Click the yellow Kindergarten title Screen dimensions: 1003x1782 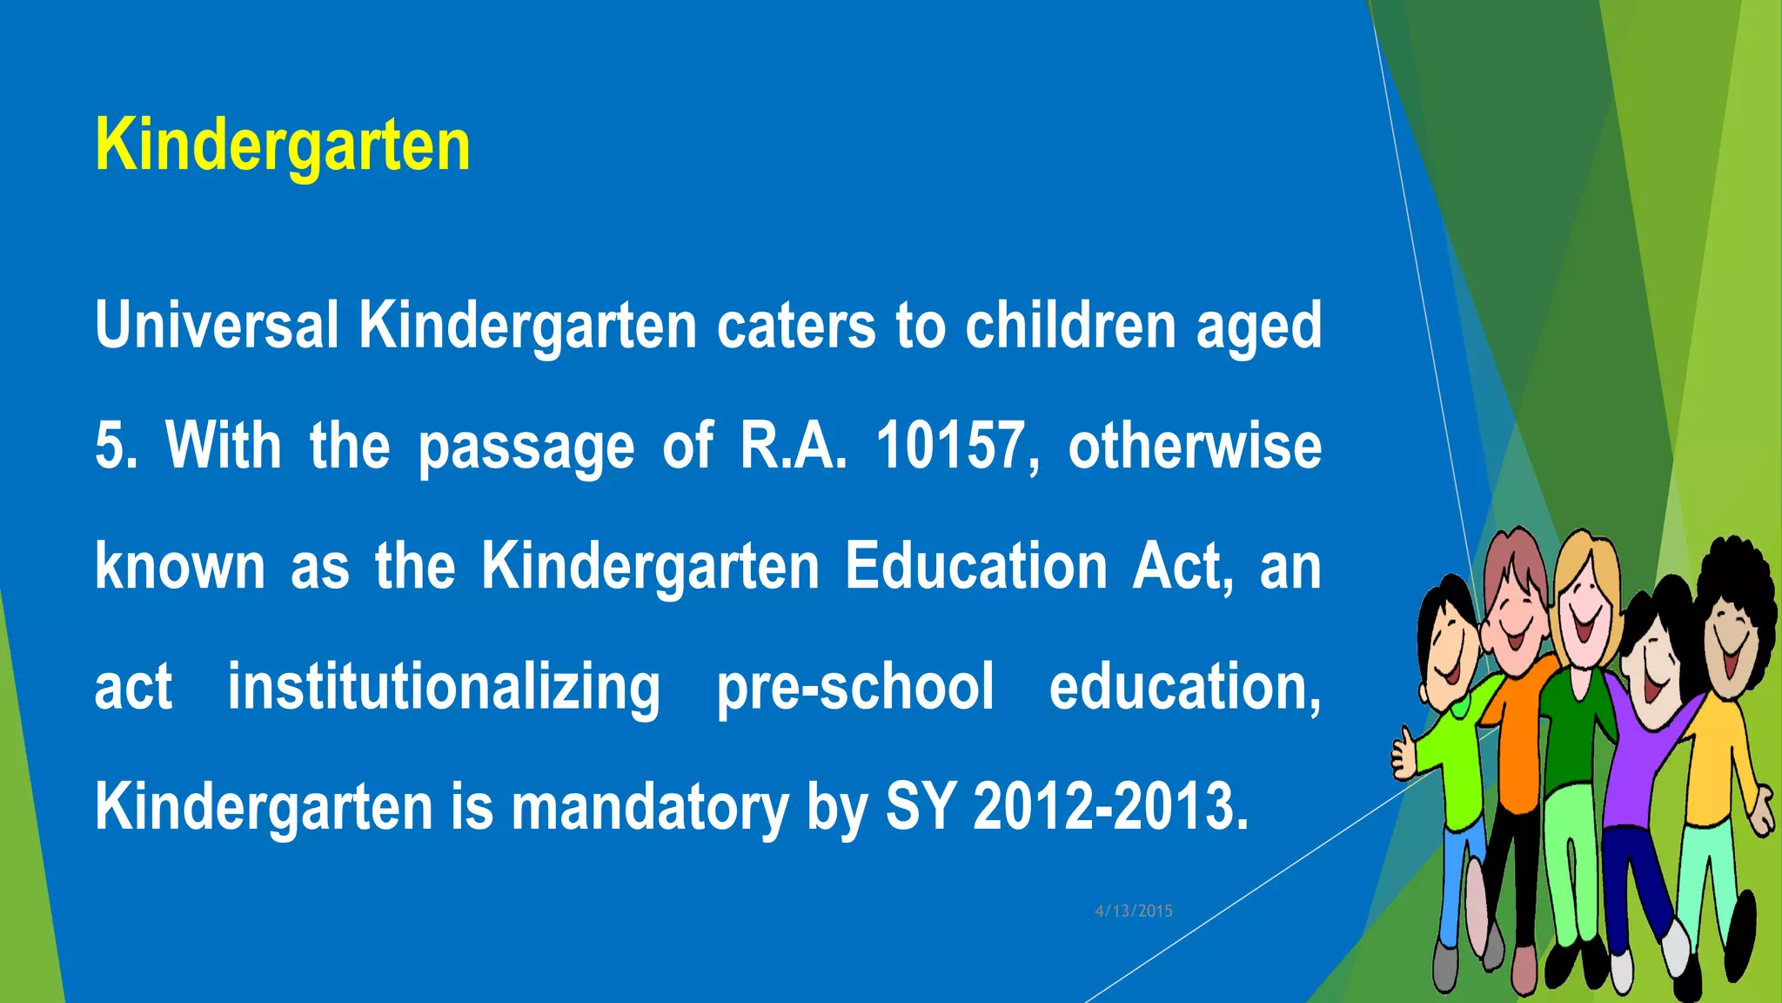click(283, 145)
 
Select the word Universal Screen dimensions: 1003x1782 click(217, 325)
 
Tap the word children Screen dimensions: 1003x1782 click(1070, 325)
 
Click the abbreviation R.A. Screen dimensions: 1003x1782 click(793, 446)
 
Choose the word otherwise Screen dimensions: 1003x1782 click(1195, 446)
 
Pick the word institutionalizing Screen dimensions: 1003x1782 click(444, 687)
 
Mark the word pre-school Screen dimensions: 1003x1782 click(854, 687)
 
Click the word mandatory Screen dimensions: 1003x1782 click(649, 807)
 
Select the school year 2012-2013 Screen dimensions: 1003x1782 click(1110, 807)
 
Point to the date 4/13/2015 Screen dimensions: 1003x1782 click(1134, 911)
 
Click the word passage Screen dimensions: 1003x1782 click(526, 446)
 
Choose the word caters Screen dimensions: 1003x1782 click(796, 325)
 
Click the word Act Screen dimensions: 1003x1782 click(1182, 567)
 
